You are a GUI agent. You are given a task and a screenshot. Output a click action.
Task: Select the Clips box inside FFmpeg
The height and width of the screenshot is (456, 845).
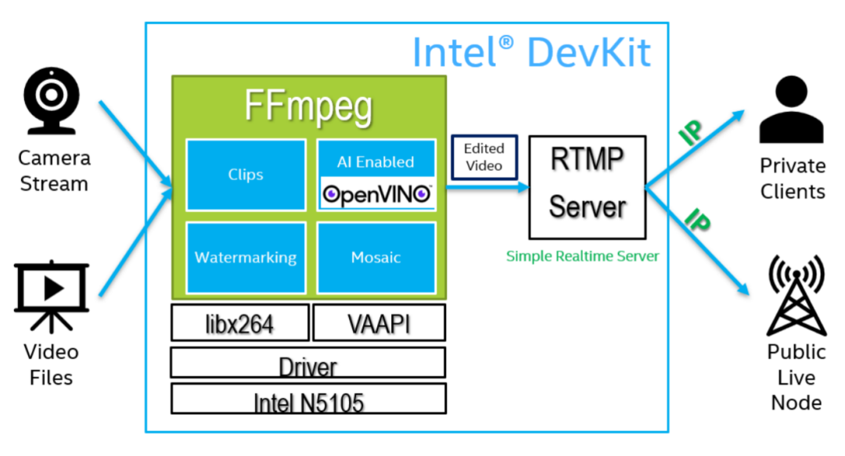click(x=245, y=174)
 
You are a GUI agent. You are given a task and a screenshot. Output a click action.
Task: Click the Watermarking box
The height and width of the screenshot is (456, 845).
click(x=245, y=257)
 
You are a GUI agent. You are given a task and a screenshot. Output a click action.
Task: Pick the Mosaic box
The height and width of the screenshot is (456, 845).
click(x=376, y=257)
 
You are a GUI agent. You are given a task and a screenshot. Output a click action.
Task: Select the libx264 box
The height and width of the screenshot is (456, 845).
click(x=239, y=323)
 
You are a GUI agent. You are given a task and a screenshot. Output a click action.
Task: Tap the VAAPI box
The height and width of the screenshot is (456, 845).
click(x=379, y=323)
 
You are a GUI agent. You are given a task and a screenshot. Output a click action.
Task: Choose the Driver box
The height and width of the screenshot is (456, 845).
click(x=308, y=364)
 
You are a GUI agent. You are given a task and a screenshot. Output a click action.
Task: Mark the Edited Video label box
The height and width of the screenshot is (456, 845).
click(x=484, y=156)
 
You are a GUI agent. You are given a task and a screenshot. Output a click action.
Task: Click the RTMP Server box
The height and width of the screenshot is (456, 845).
click(x=588, y=187)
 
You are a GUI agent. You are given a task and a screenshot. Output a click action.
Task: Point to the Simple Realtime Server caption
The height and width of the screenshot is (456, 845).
click(x=582, y=256)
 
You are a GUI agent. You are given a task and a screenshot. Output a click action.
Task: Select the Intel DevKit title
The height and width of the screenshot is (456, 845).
click(x=531, y=52)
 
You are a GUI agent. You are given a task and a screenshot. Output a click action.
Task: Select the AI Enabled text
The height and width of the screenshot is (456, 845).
click(x=376, y=162)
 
